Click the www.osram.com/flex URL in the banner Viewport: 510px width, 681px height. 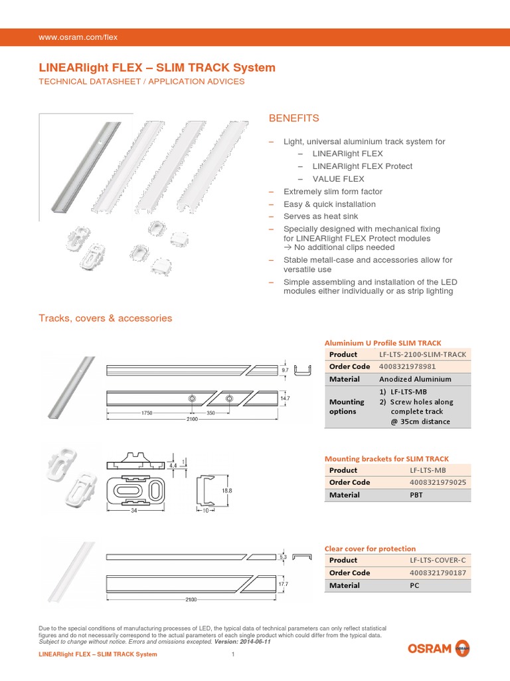tap(78, 37)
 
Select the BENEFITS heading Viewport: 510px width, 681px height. tap(294, 118)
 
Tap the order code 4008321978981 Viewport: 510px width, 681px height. tap(407, 366)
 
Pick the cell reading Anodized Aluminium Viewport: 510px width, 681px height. tap(415, 379)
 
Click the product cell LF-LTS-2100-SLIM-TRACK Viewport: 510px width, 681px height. tap(422, 354)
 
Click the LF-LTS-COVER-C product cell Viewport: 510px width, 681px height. tap(438, 560)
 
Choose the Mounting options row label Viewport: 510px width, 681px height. tap(347, 406)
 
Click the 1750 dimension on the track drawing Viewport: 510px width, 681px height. tap(147, 413)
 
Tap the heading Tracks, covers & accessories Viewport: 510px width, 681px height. tap(106, 319)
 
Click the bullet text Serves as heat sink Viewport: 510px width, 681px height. tap(320, 217)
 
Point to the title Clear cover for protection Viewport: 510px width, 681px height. tap(370, 549)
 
